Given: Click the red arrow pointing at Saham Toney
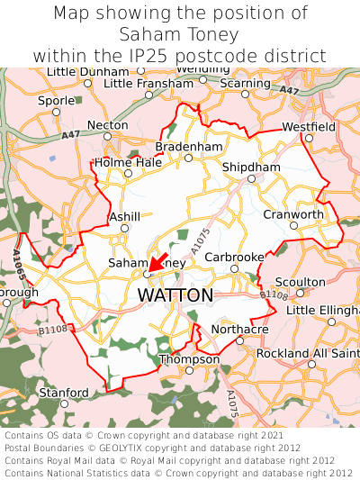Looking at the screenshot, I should click(157, 263).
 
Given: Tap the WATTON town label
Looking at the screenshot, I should click(175, 295).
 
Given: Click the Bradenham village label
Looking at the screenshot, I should click(188, 146).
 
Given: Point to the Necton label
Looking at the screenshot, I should click(108, 125).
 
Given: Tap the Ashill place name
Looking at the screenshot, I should click(124, 217).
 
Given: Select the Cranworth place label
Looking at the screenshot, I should click(293, 214).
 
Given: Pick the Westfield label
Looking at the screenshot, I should click(309, 127).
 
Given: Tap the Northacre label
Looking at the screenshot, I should click(238, 330).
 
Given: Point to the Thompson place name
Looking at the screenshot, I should click(189, 359).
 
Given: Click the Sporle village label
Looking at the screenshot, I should click(56, 101).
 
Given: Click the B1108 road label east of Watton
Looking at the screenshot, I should click(273, 294).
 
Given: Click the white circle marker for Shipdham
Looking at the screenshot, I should click(251, 178).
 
